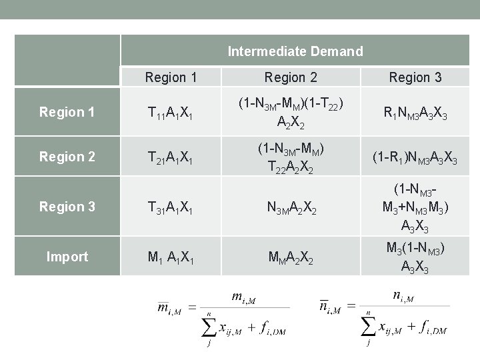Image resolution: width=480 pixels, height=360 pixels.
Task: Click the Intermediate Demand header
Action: [x=295, y=51]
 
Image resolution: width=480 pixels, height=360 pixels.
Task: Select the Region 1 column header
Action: [x=171, y=77]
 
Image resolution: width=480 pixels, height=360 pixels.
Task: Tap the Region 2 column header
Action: [x=291, y=77]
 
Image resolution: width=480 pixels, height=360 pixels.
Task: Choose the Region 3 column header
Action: [x=415, y=77]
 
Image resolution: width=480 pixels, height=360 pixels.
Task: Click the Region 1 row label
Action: [x=67, y=112]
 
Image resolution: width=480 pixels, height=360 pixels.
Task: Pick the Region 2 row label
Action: [x=67, y=157]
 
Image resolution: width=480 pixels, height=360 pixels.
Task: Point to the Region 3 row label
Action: [x=67, y=207]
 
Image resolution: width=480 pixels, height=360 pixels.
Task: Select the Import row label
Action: [x=67, y=257]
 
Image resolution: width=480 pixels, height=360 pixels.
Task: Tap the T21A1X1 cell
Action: [x=171, y=157]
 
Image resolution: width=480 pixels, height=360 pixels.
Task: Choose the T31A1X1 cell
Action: [x=171, y=207]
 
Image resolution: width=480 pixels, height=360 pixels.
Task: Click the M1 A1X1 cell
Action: [x=171, y=257]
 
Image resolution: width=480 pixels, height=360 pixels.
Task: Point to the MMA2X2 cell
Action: [x=291, y=257]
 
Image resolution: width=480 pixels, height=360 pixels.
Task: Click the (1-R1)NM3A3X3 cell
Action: [x=415, y=157]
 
